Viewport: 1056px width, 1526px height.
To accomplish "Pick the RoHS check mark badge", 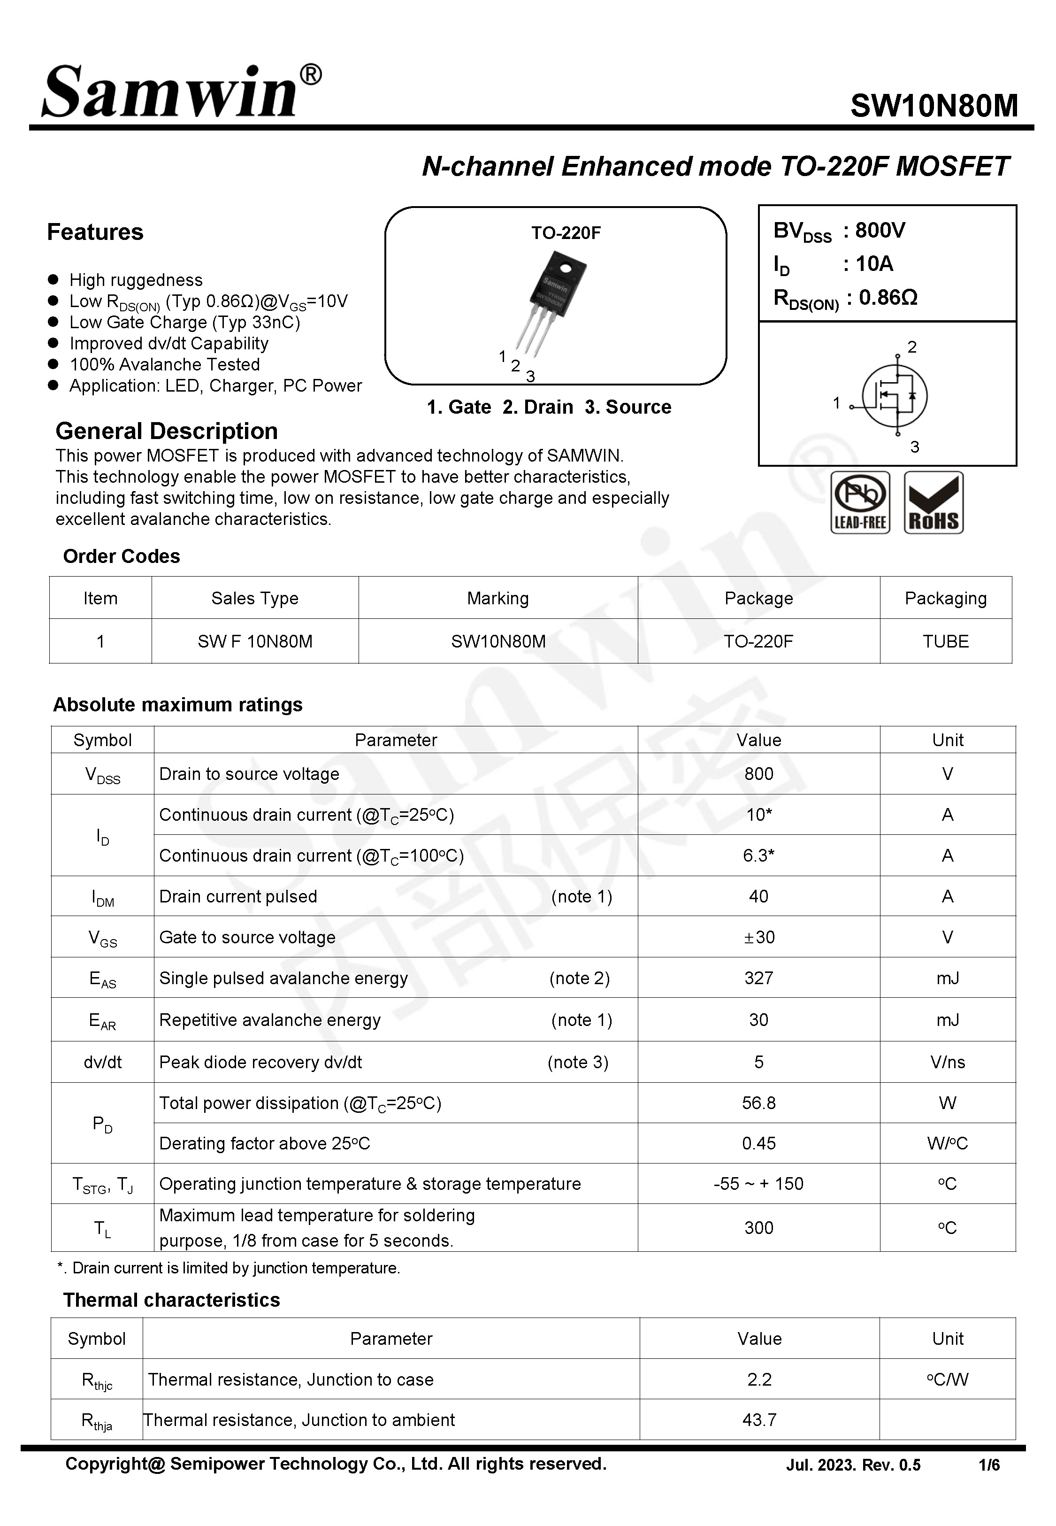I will tap(933, 503).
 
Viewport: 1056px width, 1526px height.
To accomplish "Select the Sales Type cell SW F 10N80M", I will tap(255, 641).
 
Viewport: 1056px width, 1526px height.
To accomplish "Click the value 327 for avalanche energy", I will tap(758, 978).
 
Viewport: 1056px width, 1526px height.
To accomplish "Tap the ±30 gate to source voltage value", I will tap(758, 937).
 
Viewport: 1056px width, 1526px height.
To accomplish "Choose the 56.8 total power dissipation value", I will tap(758, 1102).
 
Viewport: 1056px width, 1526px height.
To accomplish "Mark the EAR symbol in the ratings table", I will tap(103, 1020).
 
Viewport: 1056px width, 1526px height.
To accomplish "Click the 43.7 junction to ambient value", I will tap(759, 1419).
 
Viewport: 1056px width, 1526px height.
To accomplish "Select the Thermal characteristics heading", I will tap(171, 1300).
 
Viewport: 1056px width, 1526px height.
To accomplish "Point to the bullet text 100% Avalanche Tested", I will tap(164, 365).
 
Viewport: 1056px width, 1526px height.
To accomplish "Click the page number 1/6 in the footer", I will tap(988, 1465).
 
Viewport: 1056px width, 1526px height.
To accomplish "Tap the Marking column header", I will tap(497, 598).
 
